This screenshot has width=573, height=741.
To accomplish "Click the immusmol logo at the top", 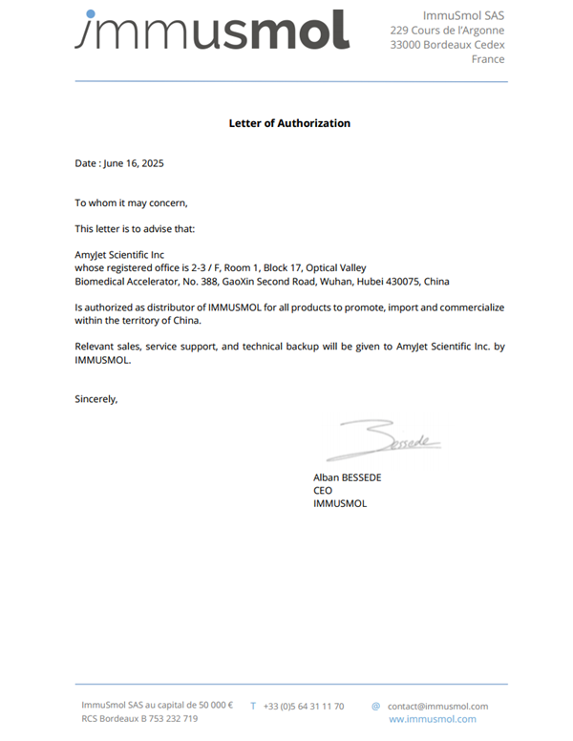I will pyautogui.click(x=212, y=30).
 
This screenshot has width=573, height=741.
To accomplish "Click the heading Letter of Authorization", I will pyautogui.click(x=289, y=123).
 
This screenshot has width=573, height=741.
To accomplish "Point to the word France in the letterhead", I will pyautogui.click(x=488, y=59).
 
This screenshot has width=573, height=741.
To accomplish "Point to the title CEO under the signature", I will pyautogui.click(x=323, y=490).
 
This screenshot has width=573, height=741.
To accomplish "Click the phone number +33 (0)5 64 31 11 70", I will pyautogui.click(x=304, y=706).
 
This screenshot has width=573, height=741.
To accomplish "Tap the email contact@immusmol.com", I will pyautogui.click(x=437, y=706).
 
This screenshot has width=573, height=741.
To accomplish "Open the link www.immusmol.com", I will pyautogui.click(x=432, y=719).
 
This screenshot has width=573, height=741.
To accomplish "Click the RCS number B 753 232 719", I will pyautogui.click(x=163, y=719).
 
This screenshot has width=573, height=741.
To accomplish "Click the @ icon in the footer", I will pyautogui.click(x=376, y=707).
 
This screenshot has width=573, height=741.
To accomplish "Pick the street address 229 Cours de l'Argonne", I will pyautogui.click(x=447, y=31).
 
